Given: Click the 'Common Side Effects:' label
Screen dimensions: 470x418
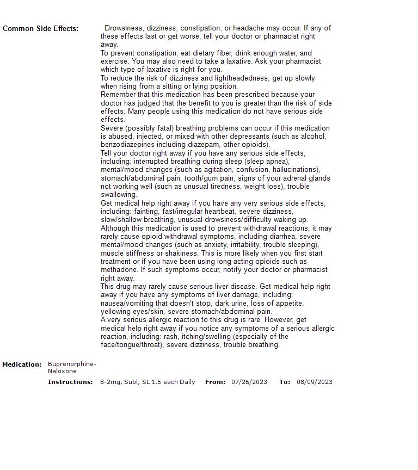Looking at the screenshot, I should [40, 28].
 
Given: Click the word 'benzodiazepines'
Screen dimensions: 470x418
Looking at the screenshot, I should [127, 145].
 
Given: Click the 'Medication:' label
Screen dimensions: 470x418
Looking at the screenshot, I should [22, 364].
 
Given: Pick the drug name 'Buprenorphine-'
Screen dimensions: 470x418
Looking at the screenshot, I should [72, 364].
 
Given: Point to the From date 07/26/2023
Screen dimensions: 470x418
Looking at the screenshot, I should [249, 382].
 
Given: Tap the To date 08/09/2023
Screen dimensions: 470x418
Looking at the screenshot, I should [315, 382].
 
